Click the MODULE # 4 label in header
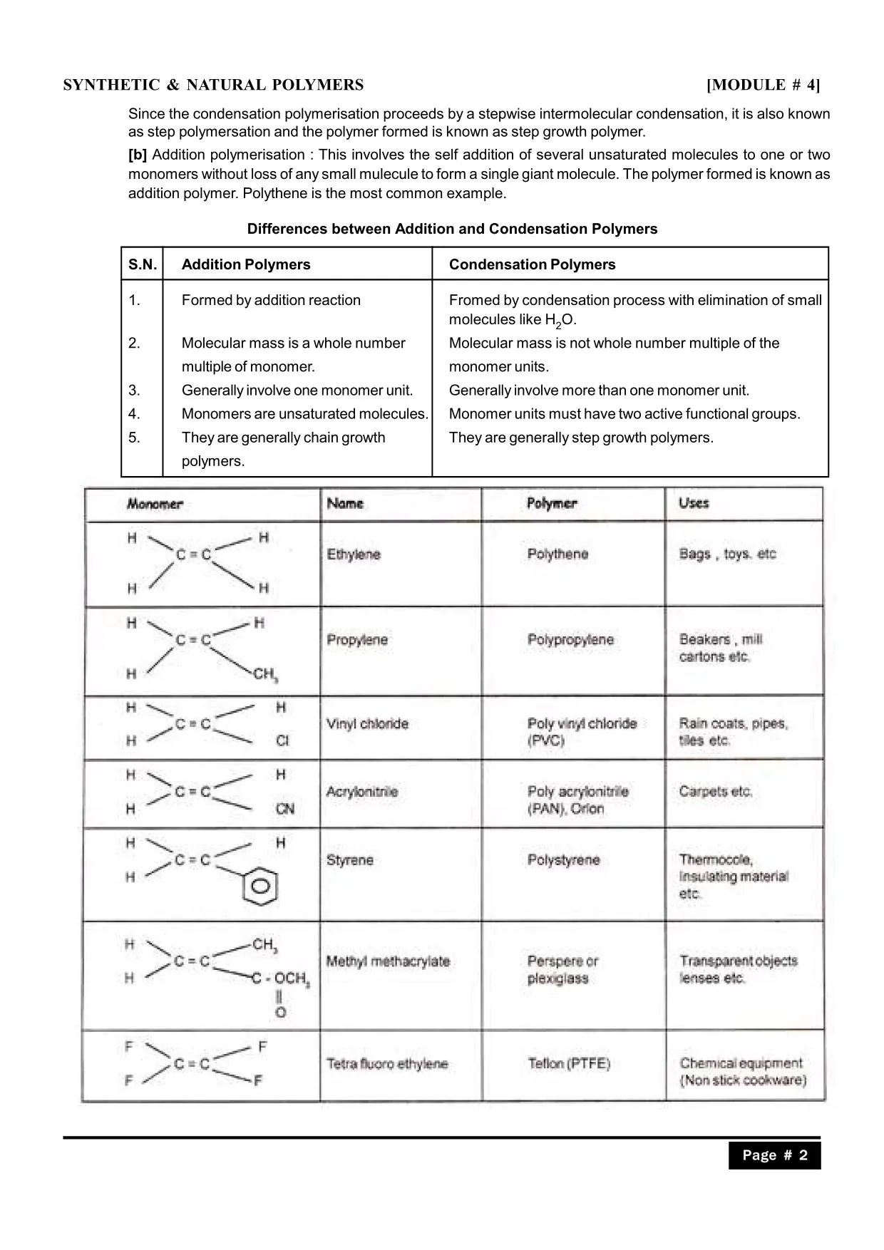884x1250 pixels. (763, 86)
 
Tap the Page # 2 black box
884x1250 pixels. (774, 1155)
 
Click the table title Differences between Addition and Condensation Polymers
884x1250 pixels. (452, 229)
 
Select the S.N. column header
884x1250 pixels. (143, 264)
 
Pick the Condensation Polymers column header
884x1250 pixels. (532, 264)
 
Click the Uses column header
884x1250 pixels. (694, 503)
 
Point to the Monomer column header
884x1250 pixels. (155, 504)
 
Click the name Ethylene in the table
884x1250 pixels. (354, 554)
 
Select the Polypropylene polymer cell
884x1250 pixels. (570, 640)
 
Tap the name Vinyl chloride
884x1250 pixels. (367, 724)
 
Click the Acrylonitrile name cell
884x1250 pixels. (362, 792)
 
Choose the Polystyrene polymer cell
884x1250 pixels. (563, 860)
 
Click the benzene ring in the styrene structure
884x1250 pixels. (260, 887)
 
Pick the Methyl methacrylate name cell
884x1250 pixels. (388, 961)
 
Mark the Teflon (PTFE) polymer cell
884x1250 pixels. (569, 1064)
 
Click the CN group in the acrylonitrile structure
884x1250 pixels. (284, 809)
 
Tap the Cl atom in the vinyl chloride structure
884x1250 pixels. (282, 741)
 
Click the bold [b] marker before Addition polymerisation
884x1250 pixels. (138, 155)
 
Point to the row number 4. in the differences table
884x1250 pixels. (134, 414)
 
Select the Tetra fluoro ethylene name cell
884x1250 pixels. (387, 1064)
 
